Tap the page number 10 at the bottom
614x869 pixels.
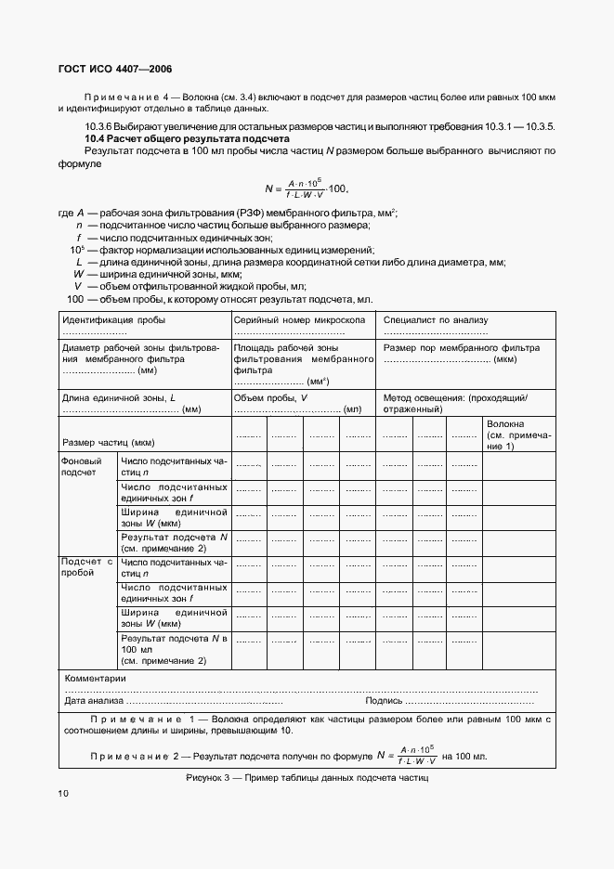coord(63,794)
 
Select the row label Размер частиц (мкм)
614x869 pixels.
coord(107,443)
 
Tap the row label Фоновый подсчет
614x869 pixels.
coord(78,466)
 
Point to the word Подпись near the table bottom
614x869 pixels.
coord(384,701)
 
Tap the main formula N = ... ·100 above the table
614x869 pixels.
coord(306,189)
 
